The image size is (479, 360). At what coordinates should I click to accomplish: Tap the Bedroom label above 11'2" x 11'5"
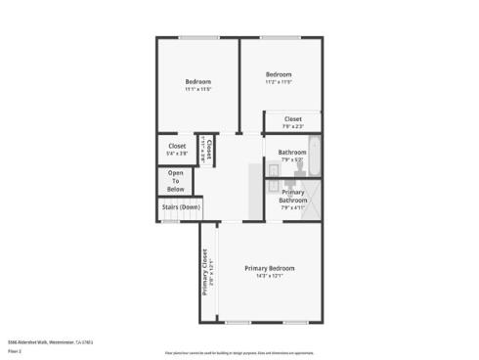280,74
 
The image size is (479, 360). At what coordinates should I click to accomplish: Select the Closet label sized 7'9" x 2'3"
293,118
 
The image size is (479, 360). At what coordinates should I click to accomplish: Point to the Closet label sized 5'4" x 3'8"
177,146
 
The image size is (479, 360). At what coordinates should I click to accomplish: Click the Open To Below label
176,182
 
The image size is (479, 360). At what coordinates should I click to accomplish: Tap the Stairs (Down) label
180,207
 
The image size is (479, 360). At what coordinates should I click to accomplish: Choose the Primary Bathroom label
293,196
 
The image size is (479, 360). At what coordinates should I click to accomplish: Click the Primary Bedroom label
270,268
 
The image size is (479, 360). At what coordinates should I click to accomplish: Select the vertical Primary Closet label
204,271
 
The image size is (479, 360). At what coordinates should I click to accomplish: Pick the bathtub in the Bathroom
316,153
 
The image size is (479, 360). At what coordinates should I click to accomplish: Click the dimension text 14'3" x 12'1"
270,276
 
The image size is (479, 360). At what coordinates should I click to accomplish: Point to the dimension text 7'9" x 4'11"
293,207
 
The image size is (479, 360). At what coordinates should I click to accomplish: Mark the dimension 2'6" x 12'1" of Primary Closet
211,271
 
